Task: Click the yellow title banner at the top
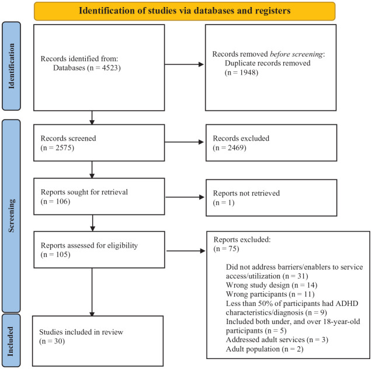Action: (185, 11)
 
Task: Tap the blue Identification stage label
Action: (12, 66)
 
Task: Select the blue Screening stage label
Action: (12, 216)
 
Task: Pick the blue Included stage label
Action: (11, 340)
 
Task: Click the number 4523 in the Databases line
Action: (110, 68)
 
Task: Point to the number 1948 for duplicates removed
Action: (248, 72)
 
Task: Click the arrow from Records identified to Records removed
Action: (184, 64)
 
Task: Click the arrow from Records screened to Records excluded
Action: (184, 142)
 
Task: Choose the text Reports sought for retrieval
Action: (84, 192)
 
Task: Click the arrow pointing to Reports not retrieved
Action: (185, 197)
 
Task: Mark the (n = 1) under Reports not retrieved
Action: (224, 203)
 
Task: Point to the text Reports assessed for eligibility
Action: (89, 245)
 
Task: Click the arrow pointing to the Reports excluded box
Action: (186, 250)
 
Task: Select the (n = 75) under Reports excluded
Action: (227, 249)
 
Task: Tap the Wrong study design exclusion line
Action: (272, 285)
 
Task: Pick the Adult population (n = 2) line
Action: (265, 349)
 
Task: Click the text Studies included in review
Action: (81, 332)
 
